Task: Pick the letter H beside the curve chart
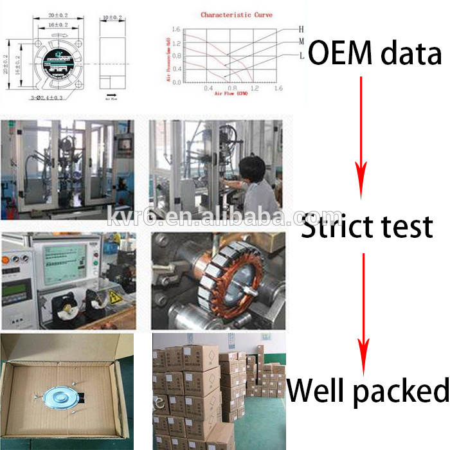point(301,29)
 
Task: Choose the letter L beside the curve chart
point(301,57)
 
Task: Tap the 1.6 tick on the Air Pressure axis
point(175,29)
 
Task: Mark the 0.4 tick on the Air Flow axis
point(208,88)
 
